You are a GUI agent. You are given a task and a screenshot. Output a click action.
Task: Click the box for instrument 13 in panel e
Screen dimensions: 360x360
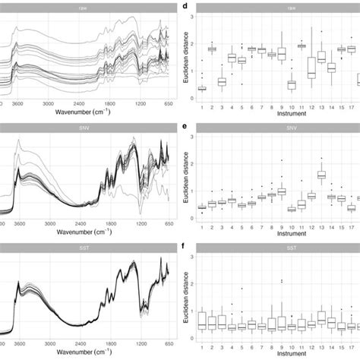pyautogui.click(x=321, y=175)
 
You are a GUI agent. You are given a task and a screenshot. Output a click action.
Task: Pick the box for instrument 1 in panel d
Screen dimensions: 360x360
pyautogui.click(x=202, y=88)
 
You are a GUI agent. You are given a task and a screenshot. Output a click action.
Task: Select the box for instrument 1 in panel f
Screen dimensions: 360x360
pyautogui.click(x=202, y=319)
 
